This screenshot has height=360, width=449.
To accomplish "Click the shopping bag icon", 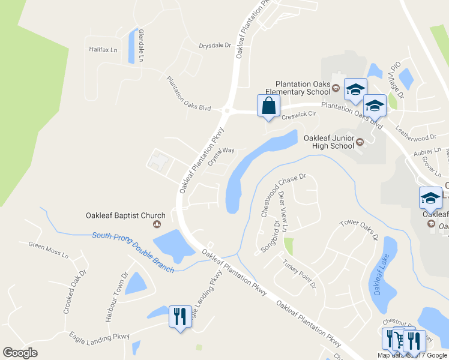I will pos(268,106).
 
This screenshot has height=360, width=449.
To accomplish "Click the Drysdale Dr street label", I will pos(215,45).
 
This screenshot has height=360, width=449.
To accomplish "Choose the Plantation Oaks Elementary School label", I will pos(303,88).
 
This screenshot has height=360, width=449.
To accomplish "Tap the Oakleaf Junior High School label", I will pos(328,142).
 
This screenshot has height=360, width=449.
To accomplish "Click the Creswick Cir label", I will pos(298,113).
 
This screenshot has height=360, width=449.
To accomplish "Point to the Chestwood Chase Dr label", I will pos(283,195).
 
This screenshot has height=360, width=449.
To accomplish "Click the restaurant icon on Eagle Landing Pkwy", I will pos(180,316).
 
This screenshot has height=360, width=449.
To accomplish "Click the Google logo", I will pos(20,352).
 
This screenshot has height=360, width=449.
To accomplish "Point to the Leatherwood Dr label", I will pos(420,134).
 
